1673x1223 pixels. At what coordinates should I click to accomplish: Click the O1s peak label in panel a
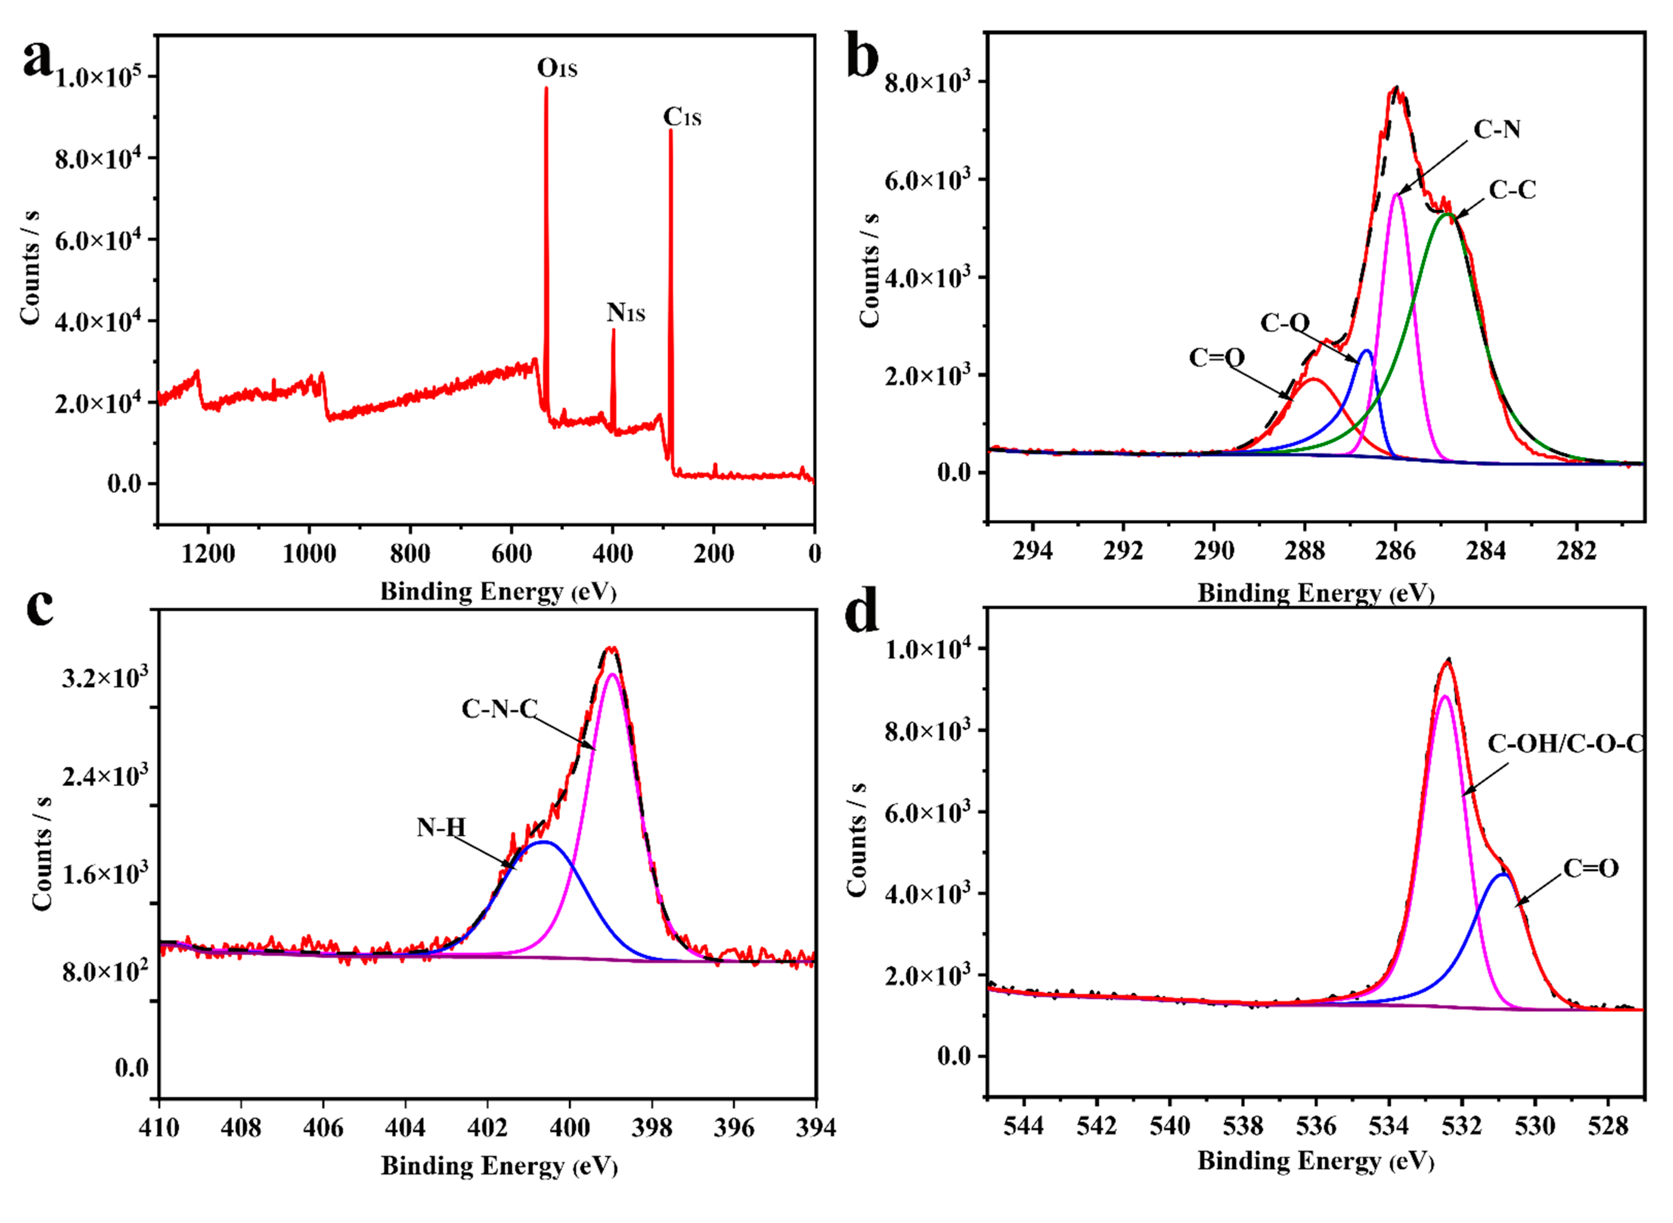[557, 68]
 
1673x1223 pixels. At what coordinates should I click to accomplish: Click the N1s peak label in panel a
[625, 313]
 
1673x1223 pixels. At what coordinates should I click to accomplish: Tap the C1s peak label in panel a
[682, 117]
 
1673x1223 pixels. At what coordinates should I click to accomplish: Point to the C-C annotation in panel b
[1512, 190]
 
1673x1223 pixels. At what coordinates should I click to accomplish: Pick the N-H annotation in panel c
[441, 827]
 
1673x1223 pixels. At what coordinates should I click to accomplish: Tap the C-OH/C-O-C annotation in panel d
[1566, 743]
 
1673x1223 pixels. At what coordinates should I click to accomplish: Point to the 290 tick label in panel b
[1214, 551]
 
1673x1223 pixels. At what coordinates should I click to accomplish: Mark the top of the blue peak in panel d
[1502, 874]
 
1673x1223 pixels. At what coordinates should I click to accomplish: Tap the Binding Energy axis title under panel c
[499, 1166]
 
